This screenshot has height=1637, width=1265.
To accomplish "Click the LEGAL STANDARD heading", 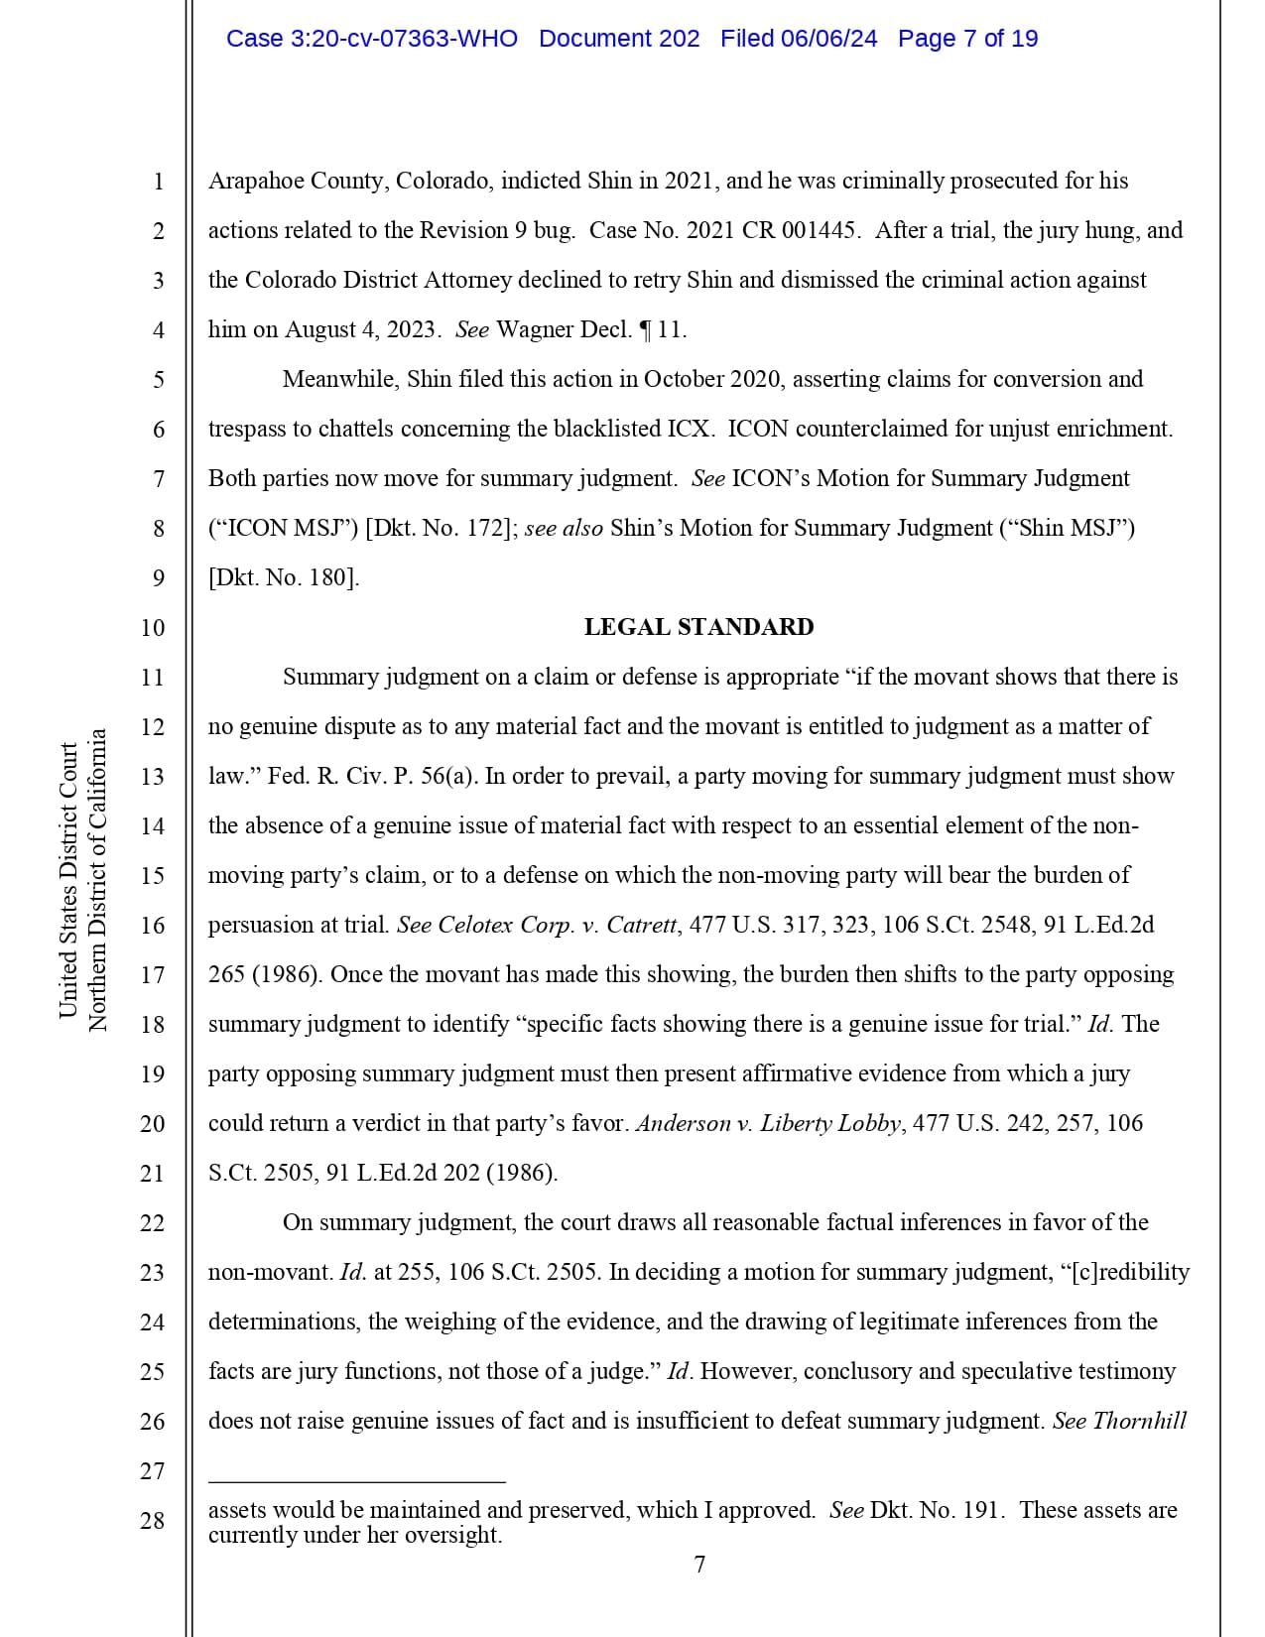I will point(698,627).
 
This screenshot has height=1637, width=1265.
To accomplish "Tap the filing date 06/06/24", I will point(828,39).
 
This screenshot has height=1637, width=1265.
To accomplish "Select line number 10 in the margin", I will point(153,628).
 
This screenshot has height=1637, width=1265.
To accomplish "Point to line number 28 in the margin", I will point(153,1521).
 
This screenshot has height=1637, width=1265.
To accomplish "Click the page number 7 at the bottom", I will point(699,1566).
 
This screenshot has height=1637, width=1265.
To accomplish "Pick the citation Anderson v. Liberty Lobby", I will point(769,1124).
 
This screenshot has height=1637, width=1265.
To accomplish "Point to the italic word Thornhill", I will point(1139,1422).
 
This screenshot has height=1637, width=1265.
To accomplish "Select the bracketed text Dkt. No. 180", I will point(283,578).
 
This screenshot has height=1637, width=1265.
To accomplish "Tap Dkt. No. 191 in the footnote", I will point(937,1511).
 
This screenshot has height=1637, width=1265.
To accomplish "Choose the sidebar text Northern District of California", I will point(97,880).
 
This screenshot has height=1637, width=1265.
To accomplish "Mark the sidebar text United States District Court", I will point(67,880).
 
